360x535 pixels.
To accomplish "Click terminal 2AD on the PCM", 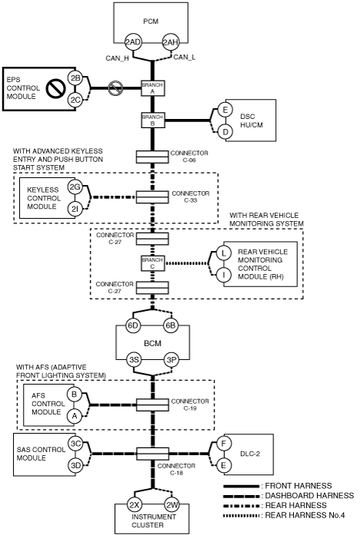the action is point(133,42).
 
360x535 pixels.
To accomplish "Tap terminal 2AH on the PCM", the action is point(170,42).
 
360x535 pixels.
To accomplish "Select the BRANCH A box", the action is point(153,88).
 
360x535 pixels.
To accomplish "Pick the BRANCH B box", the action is point(153,120).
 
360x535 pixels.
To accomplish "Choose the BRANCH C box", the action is point(153,263).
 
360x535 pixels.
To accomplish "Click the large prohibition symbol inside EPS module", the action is point(55,88).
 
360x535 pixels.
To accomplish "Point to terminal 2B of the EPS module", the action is point(75,78).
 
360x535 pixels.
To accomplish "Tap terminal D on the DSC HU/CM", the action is point(225,132).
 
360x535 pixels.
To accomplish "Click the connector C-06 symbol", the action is point(153,157).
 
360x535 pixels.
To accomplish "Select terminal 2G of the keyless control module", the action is point(75,187).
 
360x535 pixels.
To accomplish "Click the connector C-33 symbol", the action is point(153,196).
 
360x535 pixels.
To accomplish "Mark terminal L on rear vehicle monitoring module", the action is point(223,253).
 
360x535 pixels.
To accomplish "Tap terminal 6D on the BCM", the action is point(132,325).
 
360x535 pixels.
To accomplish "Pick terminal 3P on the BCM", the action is point(170,360).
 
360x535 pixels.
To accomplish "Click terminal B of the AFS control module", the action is point(74,394).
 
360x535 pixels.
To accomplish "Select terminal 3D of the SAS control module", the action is point(75,465).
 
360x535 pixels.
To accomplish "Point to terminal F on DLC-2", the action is point(223,443).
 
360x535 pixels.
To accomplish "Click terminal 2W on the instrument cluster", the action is point(170,504).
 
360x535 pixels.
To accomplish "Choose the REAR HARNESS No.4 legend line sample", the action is point(241,515).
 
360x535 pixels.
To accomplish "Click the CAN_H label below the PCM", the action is point(117,58).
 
